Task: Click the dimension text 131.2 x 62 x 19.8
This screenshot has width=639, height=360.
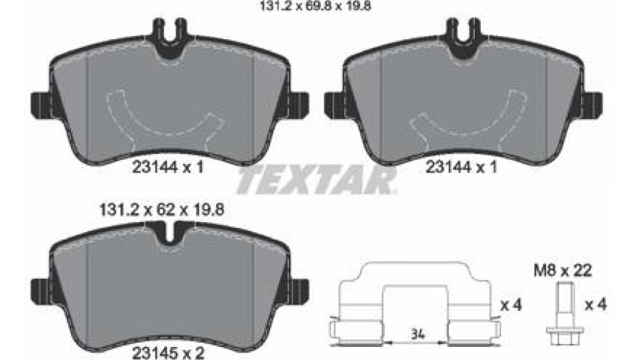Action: coord(162,210)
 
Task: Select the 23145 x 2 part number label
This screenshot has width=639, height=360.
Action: coord(168,352)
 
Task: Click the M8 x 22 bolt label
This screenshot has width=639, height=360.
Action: coord(563,270)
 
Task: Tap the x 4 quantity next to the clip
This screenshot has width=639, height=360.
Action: coord(511,304)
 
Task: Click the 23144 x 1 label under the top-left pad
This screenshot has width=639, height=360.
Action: coord(168,167)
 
